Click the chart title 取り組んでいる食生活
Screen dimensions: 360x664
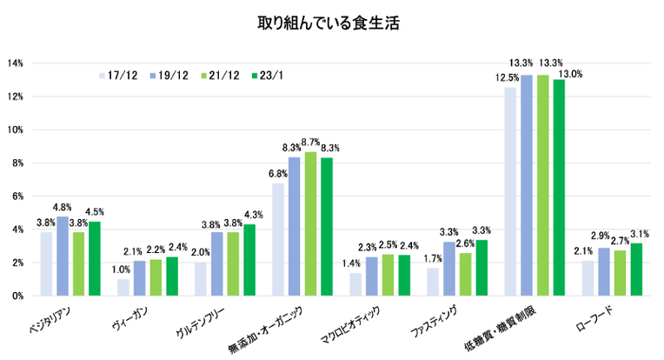coord(331,21)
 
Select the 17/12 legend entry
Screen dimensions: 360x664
coord(117,76)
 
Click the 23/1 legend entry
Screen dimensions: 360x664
coord(269,76)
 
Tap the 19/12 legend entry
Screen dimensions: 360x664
coord(168,76)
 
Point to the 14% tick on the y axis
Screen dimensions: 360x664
coord(16,63)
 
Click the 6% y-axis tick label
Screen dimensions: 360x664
coord(18,197)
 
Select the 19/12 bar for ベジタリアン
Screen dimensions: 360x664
coord(63,256)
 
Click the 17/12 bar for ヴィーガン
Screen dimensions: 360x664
coord(123,287)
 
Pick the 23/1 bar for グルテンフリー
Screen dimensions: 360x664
coord(249,259)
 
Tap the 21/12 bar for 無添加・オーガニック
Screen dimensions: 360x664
coord(310,223)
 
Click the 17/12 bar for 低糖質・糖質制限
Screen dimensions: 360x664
coord(510,191)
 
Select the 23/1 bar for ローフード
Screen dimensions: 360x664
coord(637,270)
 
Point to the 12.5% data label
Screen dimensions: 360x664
coord(508,78)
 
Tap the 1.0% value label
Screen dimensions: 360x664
coord(123,270)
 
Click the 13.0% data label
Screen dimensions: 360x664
coord(570,74)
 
